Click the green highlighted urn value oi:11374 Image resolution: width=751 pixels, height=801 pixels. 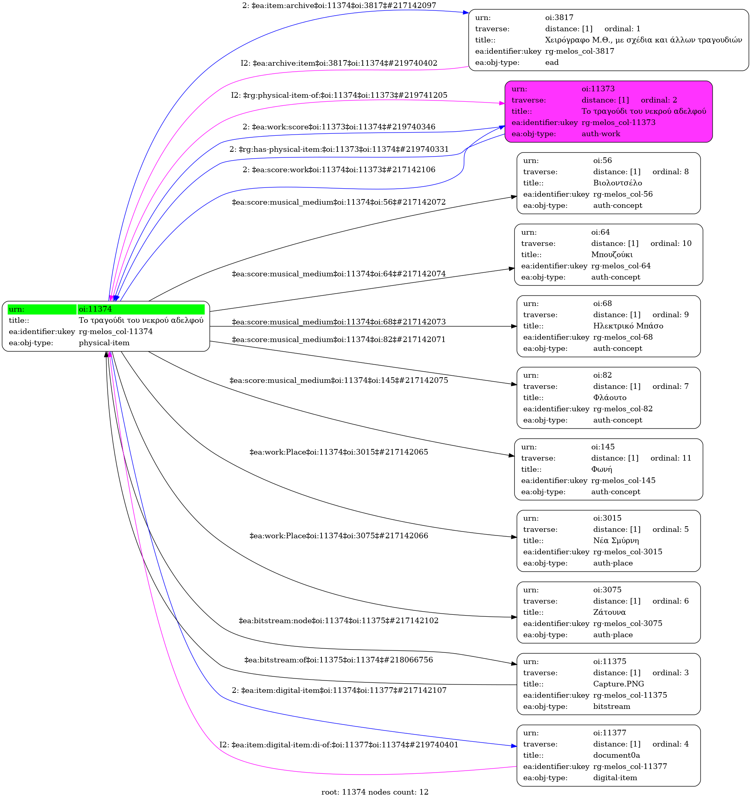pos(95,309)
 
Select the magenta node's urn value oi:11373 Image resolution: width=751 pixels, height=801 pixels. pos(598,89)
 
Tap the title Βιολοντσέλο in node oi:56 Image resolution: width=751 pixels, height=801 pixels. pos(618,183)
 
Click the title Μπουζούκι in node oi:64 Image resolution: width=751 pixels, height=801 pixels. pos(612,255)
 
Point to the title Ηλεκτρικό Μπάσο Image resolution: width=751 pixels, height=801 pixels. pos(628,326)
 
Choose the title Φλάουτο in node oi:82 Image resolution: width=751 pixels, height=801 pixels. pos(610,398)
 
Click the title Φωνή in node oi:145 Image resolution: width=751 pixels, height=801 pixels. pos(602,469)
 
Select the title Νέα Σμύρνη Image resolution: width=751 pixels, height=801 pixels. pos(616,541)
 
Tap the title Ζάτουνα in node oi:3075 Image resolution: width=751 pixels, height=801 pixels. pos(609,612)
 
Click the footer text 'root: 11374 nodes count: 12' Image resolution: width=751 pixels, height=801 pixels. pos(375,792)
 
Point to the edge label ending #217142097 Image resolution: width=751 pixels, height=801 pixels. pos(339,6)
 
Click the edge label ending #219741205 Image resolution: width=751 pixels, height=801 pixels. pos(339,95)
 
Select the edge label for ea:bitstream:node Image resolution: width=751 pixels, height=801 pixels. pos(339,621)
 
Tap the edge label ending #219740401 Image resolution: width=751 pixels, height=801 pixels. pos(339,745)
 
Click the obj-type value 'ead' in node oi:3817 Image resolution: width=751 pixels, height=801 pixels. pos(552,62)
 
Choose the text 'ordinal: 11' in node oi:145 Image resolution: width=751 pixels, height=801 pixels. pos(671,458)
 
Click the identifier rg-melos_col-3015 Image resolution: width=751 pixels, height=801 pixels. pos(628,552)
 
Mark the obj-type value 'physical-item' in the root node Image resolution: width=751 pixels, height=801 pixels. pos(104,343)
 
